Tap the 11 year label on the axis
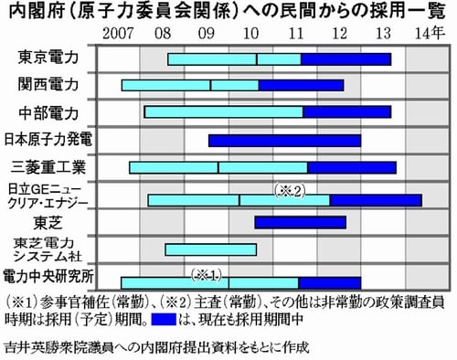click(x=295, y=34)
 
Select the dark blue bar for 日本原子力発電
click(x=284, y=140)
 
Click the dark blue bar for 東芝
click(x=300, y=222)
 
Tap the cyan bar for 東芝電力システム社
click(x=210, y=249)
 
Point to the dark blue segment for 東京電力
click(x=345, y=59)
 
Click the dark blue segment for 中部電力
click(x=346, y=112)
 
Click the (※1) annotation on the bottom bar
click(x=206, y=273)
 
